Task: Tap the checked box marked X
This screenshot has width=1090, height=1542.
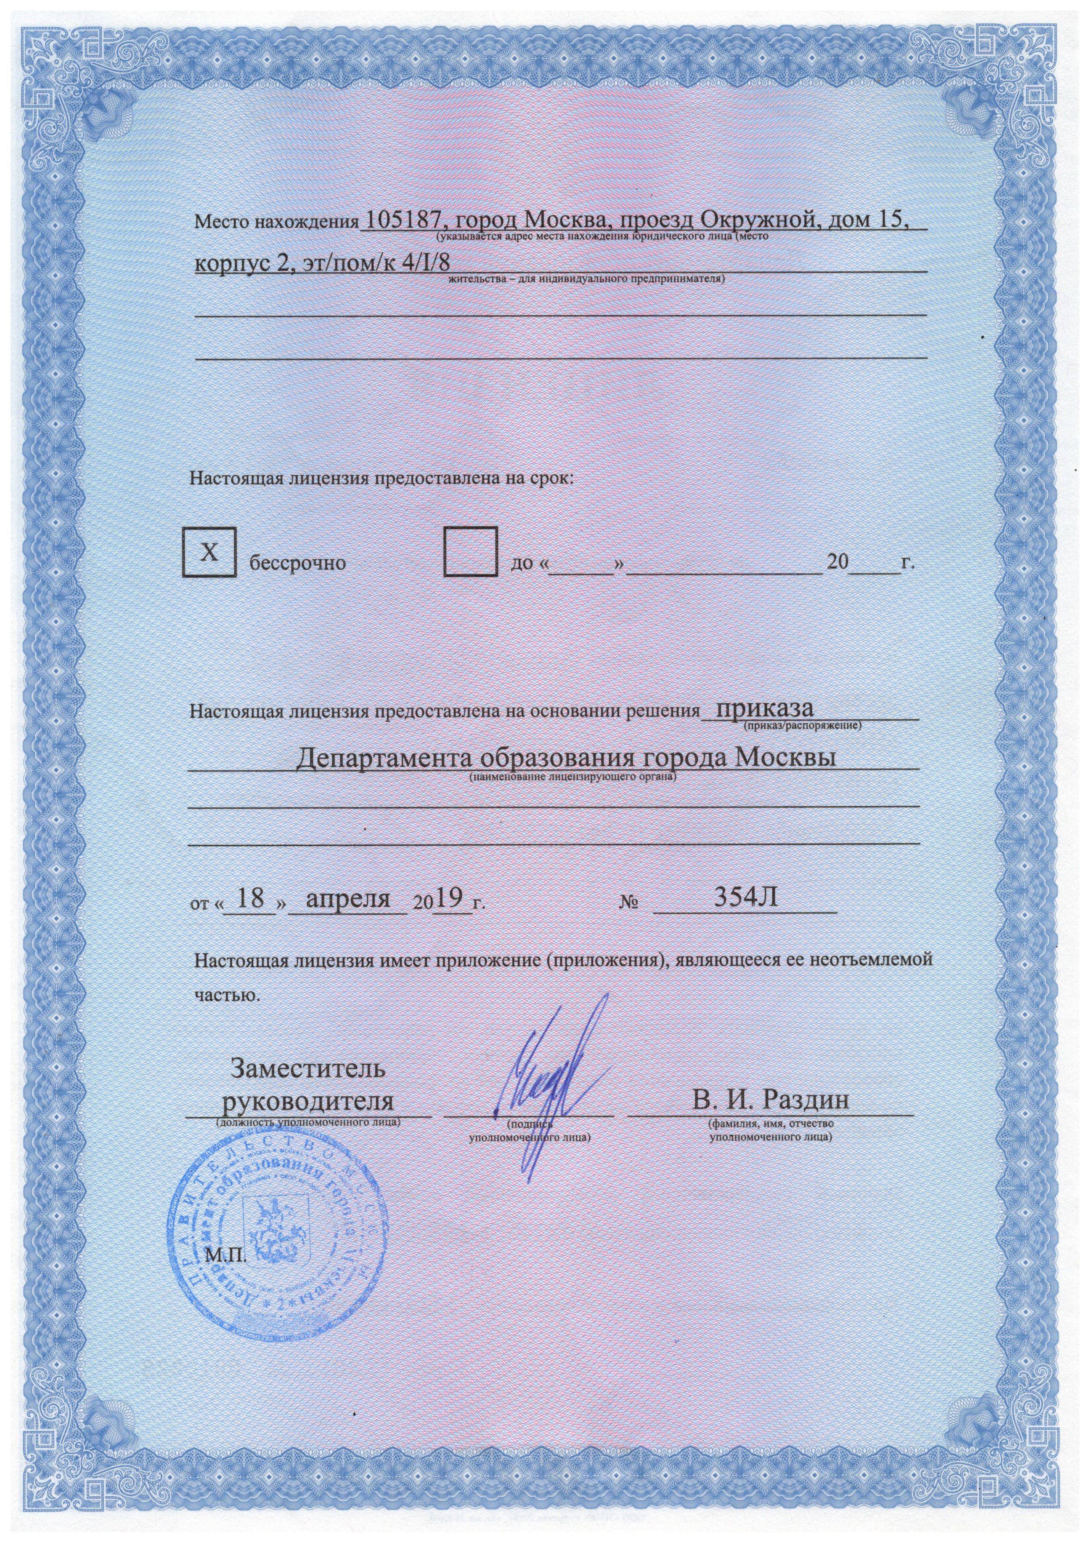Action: click(x=210, y=552)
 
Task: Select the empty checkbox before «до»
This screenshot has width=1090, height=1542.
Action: click(x=470, y=552)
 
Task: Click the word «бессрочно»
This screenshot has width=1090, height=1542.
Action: click(x=298, y=563)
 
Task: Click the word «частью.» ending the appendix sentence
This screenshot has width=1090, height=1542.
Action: click(x=226, y=995)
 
